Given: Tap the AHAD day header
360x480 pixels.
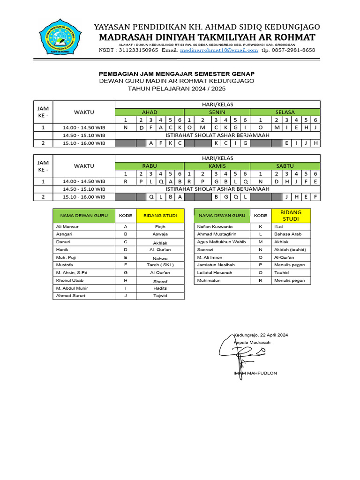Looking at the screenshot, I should (x=150, y=112).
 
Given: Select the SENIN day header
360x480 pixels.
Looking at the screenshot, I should (x=217, y=112).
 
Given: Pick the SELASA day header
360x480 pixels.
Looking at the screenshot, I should (x=285, y=112).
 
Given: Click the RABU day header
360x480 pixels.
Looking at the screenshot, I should (x=150, y=166).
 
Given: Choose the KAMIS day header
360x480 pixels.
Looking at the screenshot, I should (x=217, y=166).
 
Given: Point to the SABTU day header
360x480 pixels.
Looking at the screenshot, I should (x=285, y=166).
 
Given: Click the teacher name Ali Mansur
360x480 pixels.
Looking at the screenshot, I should (x=67, y=226).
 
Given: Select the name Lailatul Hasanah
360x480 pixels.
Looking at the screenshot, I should (x=215, y=272).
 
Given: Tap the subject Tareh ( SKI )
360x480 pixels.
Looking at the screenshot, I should (x=160, y=265).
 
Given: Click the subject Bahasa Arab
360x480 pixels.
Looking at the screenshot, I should (x=288, y=234).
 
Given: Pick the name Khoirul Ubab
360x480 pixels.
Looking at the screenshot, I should (x=70, y=280).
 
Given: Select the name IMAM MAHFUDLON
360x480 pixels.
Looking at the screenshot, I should (x=255, y=373).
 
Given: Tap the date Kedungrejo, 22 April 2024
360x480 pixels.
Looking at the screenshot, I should (x=261, y=335).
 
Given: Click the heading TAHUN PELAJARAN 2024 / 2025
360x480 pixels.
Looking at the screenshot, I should (x=177, y=88).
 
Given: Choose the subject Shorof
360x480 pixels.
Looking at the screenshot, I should (x=160, y=281).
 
